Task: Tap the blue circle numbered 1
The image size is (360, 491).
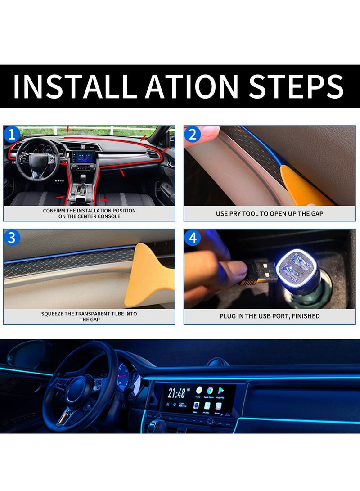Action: coord(12,134)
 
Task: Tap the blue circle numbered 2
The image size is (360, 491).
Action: coord(193,134)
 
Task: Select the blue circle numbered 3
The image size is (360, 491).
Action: coord(12,238)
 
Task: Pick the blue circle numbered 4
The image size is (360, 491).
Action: coord(193,238)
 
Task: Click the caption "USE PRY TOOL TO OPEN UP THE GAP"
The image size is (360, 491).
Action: coord(269,213)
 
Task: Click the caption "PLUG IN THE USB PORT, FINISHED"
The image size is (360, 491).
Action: coord(269,316)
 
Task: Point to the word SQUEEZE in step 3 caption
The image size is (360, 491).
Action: coord(55,314)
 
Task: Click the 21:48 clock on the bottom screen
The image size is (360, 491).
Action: coord(176,393)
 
